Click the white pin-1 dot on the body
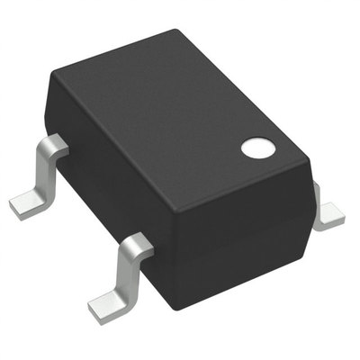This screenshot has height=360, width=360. (x=256, y=147)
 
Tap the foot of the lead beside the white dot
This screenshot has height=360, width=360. (x=331, y=216)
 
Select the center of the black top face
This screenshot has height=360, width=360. (x=180, y=121)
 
